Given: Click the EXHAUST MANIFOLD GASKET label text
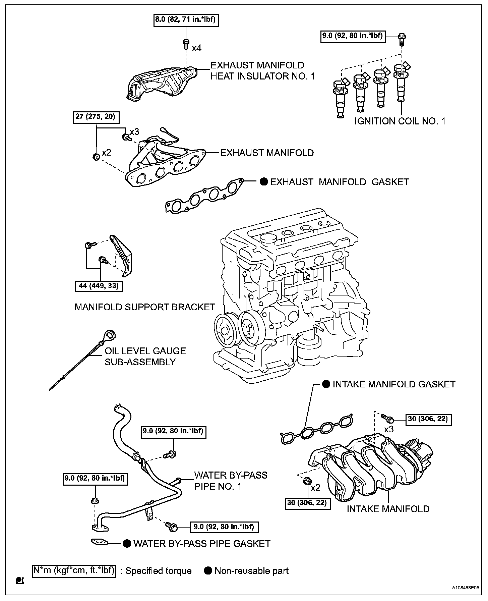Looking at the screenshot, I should pyautogui.click(x=339, y=182).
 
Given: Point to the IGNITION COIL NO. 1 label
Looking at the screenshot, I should pyautogui.click(x=400, y=121).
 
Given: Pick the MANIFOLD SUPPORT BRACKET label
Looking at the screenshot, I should pyautogui.click(x=144, y=307).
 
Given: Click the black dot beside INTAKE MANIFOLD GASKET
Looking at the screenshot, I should pyautogui.click(x=326, y=384).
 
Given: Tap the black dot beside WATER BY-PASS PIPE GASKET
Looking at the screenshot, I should pyautogui.click(x=127, y=544).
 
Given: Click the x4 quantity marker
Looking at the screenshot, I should pyautogui.click(x=197, y=48).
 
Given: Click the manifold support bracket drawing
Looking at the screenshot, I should pyautogui.click(x=122, y=257).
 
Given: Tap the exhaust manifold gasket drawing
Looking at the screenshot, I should pyautogui.click(x=204, y=197).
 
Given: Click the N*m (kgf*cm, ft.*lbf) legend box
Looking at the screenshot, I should pyautogui.click(x=74, y=570).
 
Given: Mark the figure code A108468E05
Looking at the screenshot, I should pyautogui.click(x=466, y=588).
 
